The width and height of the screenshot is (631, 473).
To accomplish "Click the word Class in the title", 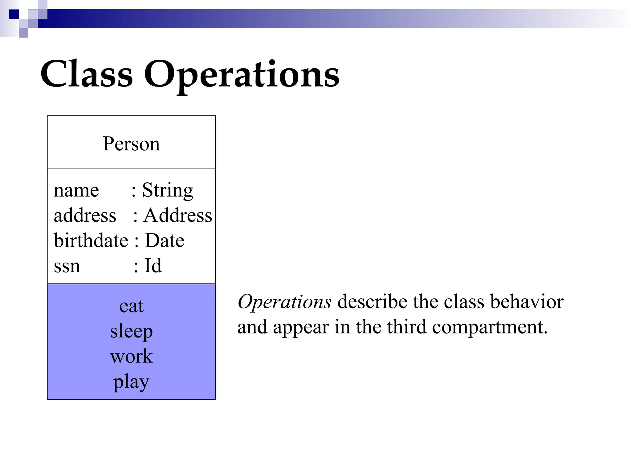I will (x=87, y=74).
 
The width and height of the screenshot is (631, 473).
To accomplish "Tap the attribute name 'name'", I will (x=76, y=190).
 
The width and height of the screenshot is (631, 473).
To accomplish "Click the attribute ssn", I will (x=67, y=266).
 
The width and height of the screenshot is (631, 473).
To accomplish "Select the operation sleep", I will (x=131, y=332).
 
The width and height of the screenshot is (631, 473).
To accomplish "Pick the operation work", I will (x=131, y=356).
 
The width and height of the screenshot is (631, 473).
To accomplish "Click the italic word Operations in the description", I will (x=284, y=301).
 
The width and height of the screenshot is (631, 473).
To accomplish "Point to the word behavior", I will (x=527, y=301).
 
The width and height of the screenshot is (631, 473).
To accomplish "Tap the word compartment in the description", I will (x=490, y=327).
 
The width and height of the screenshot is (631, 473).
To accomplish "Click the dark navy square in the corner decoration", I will (x=14, y=14).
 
